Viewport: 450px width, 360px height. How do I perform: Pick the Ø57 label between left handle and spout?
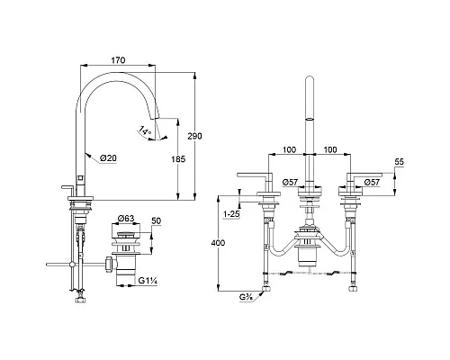tap(290, 183)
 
